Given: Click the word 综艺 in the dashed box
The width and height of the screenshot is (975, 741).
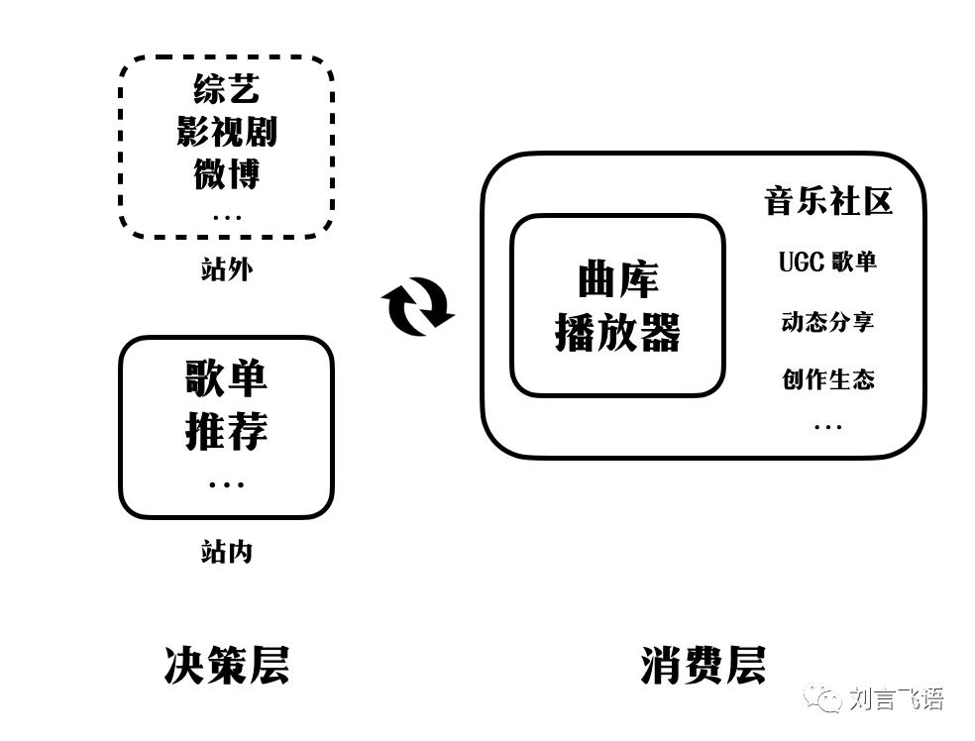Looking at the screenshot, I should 227,89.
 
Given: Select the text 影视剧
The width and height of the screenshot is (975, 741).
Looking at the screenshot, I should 227,132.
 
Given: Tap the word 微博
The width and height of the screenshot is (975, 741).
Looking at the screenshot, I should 227,174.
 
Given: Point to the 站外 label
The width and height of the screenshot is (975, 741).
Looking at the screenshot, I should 227,268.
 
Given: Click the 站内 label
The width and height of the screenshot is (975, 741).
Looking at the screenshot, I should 227,551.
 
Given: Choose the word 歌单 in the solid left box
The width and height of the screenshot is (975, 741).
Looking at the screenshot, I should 227,378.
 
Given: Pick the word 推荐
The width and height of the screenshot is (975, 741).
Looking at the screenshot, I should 227,432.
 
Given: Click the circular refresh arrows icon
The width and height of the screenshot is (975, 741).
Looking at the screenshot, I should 417,306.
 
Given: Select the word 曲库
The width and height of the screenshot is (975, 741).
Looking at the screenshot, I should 617,281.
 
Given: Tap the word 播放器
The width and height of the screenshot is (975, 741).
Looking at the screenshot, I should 617,334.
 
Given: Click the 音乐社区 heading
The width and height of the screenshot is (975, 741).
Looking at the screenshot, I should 828,201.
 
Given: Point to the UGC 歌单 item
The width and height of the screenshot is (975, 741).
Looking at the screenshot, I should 828,262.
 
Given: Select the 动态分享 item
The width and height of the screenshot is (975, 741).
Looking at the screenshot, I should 828,322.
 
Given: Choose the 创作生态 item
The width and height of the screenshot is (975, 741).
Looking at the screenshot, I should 828,379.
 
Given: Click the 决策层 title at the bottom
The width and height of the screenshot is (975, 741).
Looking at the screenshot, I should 227,665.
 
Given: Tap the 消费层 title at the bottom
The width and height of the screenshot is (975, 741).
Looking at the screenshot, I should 704,665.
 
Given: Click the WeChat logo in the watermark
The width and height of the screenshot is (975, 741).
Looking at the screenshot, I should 822,698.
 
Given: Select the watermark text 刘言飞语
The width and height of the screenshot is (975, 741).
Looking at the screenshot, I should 897,699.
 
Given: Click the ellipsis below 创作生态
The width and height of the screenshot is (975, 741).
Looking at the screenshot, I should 828,427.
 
